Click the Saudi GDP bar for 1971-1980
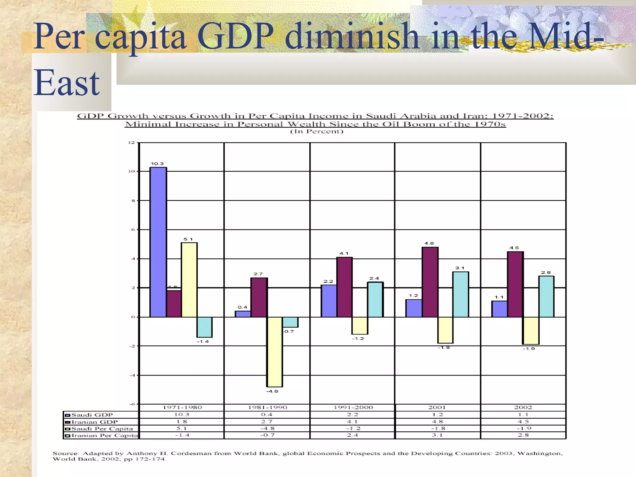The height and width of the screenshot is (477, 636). point(158,242)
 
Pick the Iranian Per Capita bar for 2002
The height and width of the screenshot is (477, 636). point(546,296)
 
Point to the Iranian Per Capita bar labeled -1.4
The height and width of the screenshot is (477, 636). point(205,327)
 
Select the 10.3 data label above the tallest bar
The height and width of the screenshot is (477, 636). point(157,164)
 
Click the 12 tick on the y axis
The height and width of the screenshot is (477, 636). point(132,143)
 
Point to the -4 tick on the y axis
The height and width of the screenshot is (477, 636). point(132,375)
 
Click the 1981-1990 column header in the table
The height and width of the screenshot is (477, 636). point(267,407)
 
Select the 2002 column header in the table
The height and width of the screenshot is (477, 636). point(523,407)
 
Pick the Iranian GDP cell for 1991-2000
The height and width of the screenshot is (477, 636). point(352,422)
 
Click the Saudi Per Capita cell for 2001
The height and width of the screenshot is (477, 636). point(438,429)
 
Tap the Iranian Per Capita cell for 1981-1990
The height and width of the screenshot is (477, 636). point(267,435)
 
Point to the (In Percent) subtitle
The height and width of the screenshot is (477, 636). point(316,131)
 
